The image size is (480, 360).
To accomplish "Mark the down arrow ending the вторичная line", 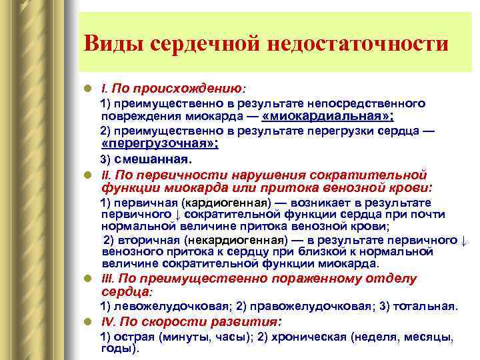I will coord(465,240).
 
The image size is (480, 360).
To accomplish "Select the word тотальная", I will coord(425,307).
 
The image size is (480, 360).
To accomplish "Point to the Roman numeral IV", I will coord(107,321).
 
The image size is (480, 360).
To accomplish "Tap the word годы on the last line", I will coord(117,348).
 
